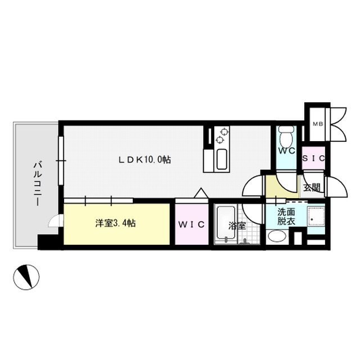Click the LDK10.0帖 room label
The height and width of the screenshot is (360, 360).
point(144,160)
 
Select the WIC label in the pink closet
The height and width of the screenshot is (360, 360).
point(191,224)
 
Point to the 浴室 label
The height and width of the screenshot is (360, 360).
point(236,226)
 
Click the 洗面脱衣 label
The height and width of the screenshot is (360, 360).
point(285,217)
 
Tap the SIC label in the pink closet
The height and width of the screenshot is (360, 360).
point(314,159)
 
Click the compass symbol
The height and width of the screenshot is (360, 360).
point(26,277)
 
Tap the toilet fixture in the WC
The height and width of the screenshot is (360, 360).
point(285,137)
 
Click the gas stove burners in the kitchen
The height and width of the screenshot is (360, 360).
point(220,136)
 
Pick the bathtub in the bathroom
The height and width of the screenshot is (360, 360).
point(226,224)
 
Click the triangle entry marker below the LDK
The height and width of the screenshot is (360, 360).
point(200,193)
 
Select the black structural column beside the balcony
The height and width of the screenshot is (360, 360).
point(49,242)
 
